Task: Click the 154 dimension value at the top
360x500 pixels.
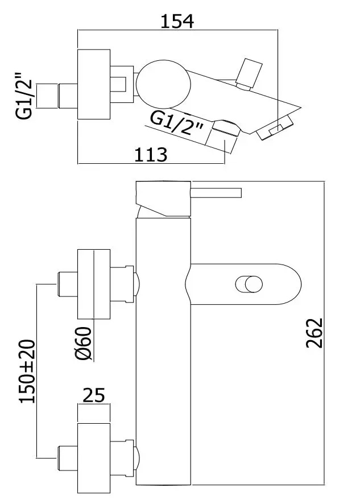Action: coord(177,22)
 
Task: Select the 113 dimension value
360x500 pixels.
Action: coord(151,154)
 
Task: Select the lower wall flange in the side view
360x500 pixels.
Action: coord(93,452)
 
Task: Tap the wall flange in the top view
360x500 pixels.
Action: coord(93,84)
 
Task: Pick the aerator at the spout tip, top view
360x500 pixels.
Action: coord(276,130)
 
